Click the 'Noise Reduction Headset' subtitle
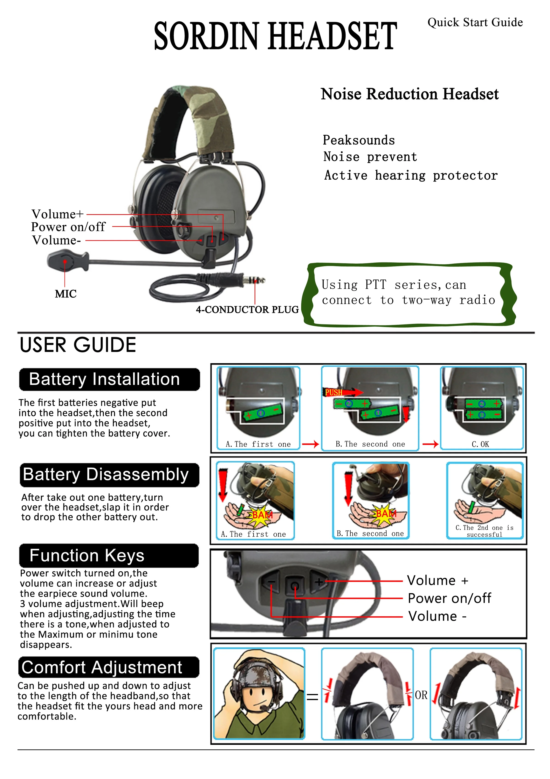tap(410, 94)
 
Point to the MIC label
tap(66, 294)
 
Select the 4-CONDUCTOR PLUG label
tap(247, 310)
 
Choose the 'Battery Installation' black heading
tap(109, 379)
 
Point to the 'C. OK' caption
tap(480, 444)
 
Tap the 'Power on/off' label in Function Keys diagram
tap(449, 598)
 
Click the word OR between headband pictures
tap(421, 695)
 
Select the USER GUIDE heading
tap(78, 345)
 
